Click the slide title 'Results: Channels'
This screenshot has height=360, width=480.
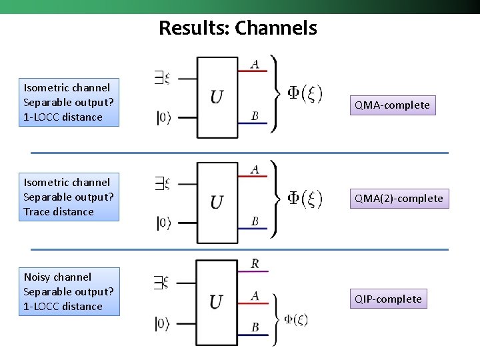[237, 28]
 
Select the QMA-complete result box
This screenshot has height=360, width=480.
[392, 105]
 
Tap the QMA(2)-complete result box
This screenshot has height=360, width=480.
[399, 198]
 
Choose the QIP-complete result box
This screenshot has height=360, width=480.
[388, 299]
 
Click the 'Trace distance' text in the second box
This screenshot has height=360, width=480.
[59, 212]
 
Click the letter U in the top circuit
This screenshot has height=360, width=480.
[217, 97]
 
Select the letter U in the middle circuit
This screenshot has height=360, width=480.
[217, 201]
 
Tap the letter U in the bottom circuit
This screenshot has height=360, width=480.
[217, 302]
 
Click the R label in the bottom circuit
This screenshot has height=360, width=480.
[255, 264]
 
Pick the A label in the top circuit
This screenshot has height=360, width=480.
[255, 64]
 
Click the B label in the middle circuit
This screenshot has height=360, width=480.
[255, 221]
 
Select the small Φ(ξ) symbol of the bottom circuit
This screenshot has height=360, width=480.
[296, 319]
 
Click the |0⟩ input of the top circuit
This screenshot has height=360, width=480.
[163, 118]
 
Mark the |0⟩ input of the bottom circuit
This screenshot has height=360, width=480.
[163, 324]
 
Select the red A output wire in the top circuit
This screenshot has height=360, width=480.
[253, 71]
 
